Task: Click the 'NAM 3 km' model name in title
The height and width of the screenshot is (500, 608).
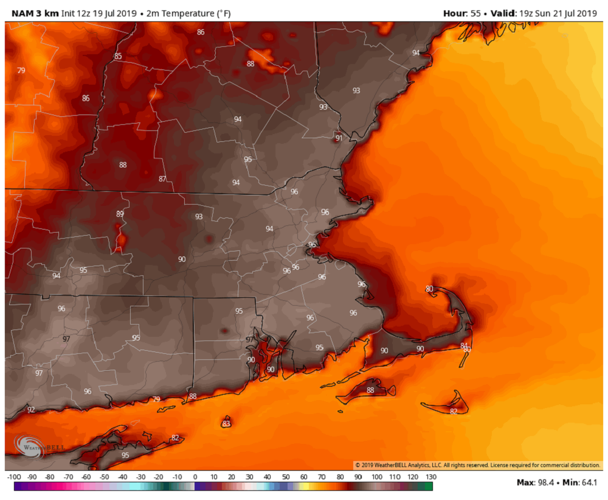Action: (x=31, y=13)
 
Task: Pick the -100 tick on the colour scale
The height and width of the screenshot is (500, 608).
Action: (x=15, y=476)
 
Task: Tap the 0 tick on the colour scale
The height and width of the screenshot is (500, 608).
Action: (x=195, y=476)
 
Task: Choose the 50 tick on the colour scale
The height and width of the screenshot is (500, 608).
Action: (x=285, y=476)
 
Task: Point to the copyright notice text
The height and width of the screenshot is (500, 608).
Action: (x=477, y=465)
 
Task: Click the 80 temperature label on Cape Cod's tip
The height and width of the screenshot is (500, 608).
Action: (x=429, y=289)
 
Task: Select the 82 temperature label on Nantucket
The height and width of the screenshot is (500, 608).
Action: (x=454, y=411)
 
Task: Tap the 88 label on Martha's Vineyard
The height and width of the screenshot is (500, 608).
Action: (x=371, y=390)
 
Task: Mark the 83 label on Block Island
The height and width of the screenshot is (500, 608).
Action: (x=226, y=423)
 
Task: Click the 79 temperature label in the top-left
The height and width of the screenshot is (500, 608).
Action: (x=21, y=71)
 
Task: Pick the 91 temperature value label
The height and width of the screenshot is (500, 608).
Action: (x=339, y=138)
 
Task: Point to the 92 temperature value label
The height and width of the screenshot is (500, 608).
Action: (x=31, y=410)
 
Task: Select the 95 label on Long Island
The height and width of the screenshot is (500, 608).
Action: (x=125, y=455)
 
